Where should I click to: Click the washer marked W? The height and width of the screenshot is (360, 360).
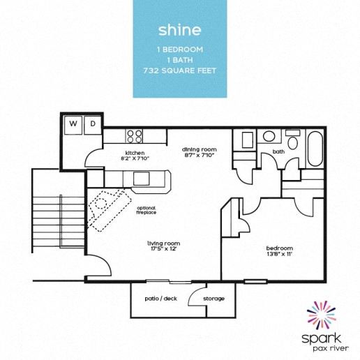click(x=73, y=124)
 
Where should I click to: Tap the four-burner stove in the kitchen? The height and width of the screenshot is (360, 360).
click(x=135, y=135)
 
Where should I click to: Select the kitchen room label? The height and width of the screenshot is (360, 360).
click(x=134, y=152)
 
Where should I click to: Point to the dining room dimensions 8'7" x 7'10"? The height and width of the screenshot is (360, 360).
click(x=200, y=156)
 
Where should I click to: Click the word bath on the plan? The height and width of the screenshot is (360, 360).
click(x=278, y=151)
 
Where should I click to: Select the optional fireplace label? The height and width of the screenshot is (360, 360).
click(x=146, y=209)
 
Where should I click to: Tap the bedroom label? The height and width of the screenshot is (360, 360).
click(x=279, y=248)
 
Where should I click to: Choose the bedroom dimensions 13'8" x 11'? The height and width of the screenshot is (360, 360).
click(x=279, y=255)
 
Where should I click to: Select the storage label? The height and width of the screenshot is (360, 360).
click(x=213, y=299)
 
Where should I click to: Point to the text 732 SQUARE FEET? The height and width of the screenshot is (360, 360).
click(x=179, y=70)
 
